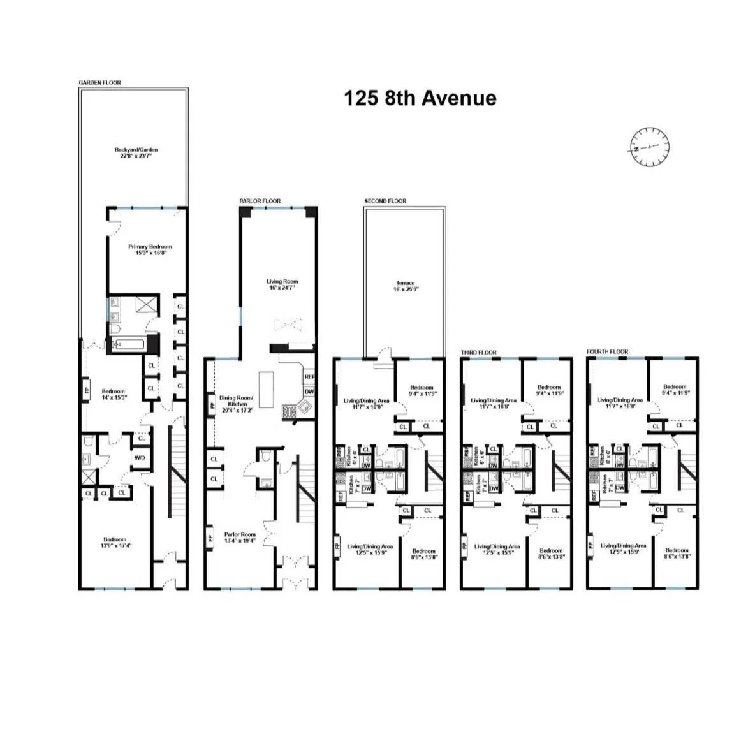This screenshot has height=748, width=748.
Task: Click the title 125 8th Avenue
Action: pos(420,98)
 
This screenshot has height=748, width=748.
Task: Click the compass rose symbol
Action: pos(650,147)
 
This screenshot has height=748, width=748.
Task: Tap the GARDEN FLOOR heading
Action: pos(99,82)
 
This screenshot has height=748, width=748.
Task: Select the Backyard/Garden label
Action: pos(136,152)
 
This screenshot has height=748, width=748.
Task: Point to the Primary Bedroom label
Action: pos(150,249)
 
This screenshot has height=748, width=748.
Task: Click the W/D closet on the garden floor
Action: pos(139,457)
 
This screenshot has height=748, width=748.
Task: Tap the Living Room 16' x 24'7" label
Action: pos(282,284)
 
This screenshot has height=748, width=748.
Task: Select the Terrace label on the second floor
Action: pos(406,286)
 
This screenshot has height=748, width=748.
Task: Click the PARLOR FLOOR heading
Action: pos(260,201)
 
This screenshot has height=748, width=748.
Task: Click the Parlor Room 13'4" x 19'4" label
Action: pos(239,538)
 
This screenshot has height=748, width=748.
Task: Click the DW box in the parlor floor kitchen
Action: pos(309,392)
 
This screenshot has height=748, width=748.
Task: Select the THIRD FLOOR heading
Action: pos(478,352)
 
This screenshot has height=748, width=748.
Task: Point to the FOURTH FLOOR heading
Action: pos(607,351)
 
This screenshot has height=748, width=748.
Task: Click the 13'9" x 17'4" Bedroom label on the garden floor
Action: pos(115,542)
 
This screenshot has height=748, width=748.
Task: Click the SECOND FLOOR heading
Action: pos(385,201)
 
